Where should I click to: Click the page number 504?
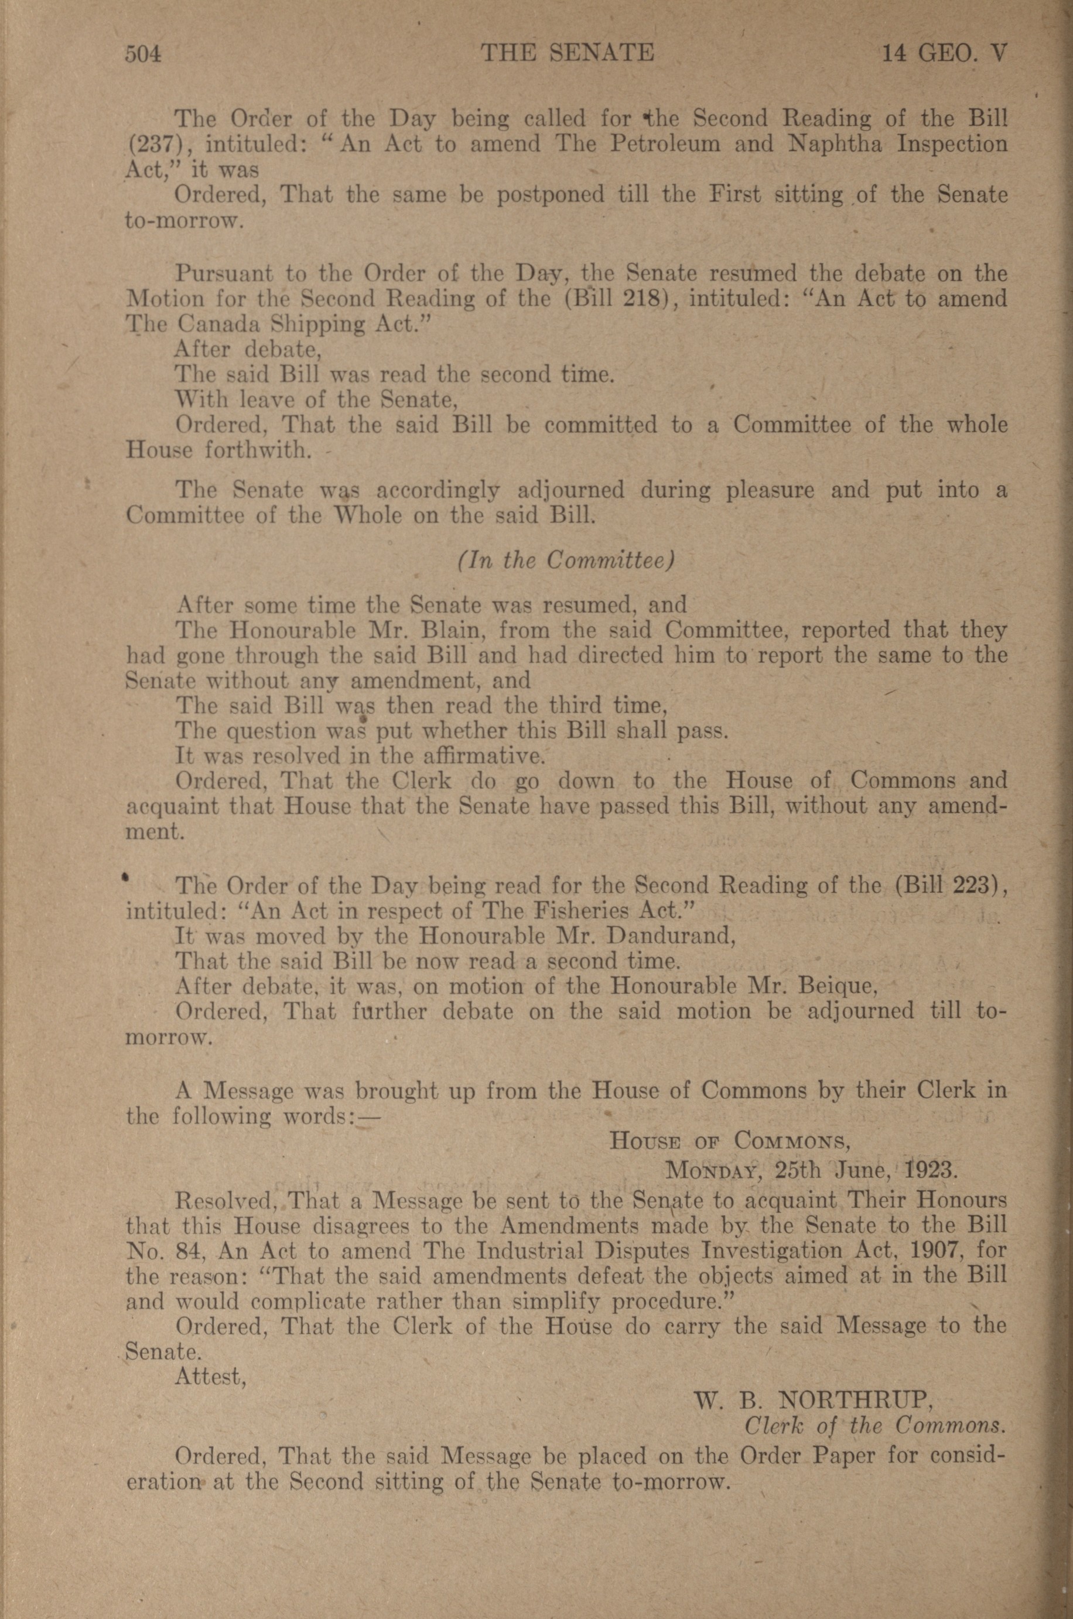click(142, 53)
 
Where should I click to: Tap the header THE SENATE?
click(568, 53)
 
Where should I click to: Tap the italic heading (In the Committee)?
click(566, 561)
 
